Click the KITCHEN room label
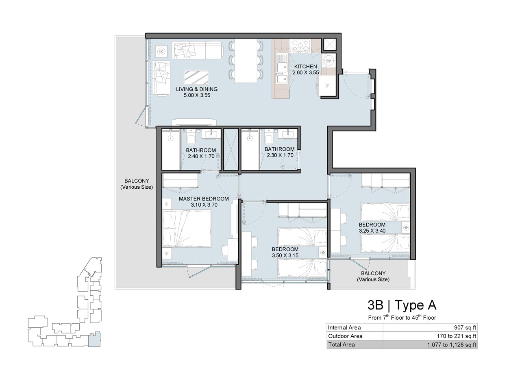click(x=305, y=66)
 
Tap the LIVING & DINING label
click(x=197, y=89)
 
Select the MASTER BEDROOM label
click(x=204, y=199)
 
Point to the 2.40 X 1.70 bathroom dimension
click(x=201, y=157)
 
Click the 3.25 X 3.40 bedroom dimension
click(x=372, y=231)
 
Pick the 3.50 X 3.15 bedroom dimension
click(x=285, y=255)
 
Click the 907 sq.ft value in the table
click(x=465, y=327)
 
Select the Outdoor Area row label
click(x=345, y=336)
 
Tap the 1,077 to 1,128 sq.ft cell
click(x=452, y=345)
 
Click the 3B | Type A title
click(x=402, y=305)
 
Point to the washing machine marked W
click(x=329, y=61)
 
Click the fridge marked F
click(x=327, y=86)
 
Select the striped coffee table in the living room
click(x=196, y=77)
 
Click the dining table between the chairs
click(x=246, y=61)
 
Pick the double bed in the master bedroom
click(x=187, y=229)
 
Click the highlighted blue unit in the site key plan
click(x=95, y=339)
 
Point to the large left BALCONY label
click(x=137, y=184)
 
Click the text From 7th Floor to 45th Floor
click(x=402, y=317)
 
